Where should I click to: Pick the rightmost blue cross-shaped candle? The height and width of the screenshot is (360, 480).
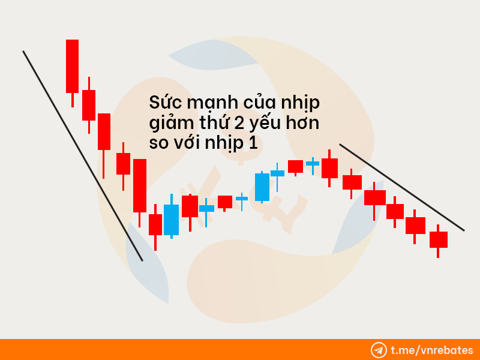coord(313,163)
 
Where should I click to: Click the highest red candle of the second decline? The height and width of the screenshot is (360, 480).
coord(329,168)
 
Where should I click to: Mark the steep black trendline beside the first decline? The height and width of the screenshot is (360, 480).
coord(83,156)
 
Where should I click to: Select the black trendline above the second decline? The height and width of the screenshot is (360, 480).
coord(402,187)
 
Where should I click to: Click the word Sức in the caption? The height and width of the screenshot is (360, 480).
coord(166,102)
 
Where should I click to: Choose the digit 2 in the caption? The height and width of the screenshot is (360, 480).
coord(238,123)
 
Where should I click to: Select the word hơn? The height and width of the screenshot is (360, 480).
coord(303,122)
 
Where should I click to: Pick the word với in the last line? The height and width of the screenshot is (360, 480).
coord(187,142)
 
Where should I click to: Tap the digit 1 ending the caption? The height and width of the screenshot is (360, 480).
coord(253,143)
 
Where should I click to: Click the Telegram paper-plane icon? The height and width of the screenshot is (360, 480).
coord(379,350)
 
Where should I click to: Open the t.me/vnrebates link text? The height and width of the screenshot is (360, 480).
coord(432,350)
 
